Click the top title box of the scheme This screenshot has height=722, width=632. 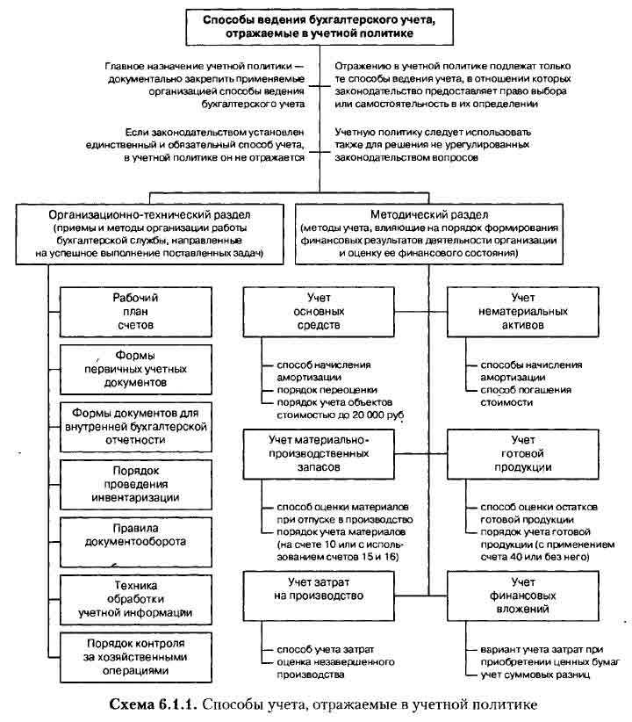320,25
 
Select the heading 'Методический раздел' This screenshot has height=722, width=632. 427,214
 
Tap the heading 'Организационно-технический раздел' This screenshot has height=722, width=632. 150,214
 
